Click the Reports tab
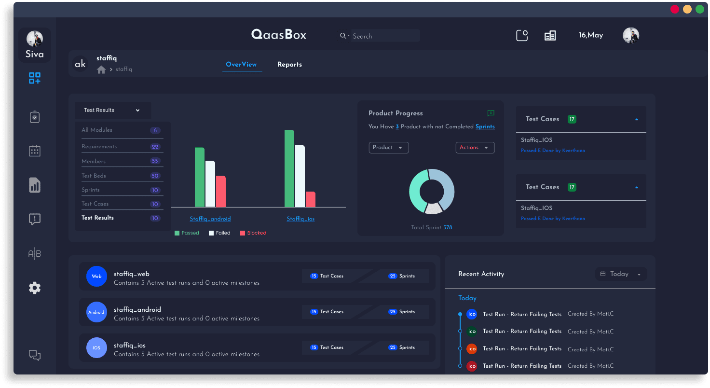(289, 65)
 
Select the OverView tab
(241, 65)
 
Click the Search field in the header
(381, 36)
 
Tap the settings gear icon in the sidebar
(35, 288)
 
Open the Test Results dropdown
(112, 110)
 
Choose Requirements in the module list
(99, 146)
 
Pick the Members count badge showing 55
(155, 161)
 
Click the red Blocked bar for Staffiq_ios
(310, 199)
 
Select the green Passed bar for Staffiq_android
(200, 177)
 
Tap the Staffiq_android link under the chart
(210, 219)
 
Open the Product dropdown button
(388, 148)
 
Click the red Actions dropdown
(475, 148)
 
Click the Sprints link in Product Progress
(485, 126)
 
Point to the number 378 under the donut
(448, 227)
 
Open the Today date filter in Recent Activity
(621, 274)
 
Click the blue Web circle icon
(96, 277)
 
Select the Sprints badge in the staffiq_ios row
(402, 347)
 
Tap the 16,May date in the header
(591, 35)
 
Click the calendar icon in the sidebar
(35, 151)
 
